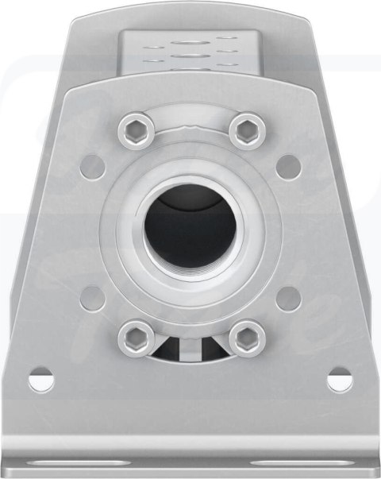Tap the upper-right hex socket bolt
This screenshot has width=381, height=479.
(247, 129)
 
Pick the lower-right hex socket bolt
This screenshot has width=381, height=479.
(247, 338)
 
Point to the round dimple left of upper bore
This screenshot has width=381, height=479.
(93, 166)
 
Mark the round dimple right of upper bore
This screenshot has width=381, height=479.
(289, 166)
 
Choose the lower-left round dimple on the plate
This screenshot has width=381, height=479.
(93, 299)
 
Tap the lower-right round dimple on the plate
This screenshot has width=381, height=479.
(289, 299)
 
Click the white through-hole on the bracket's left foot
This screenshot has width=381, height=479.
(41, 380)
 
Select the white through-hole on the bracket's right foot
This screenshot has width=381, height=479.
(340, 380)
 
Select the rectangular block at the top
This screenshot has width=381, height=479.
(190, 52)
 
